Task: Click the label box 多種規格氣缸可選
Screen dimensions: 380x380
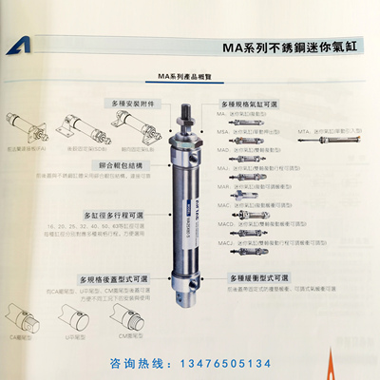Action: pyautogui.click(x=251, y=103)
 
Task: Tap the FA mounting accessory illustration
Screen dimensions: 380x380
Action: pyautogui.click(x=24, y=127)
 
